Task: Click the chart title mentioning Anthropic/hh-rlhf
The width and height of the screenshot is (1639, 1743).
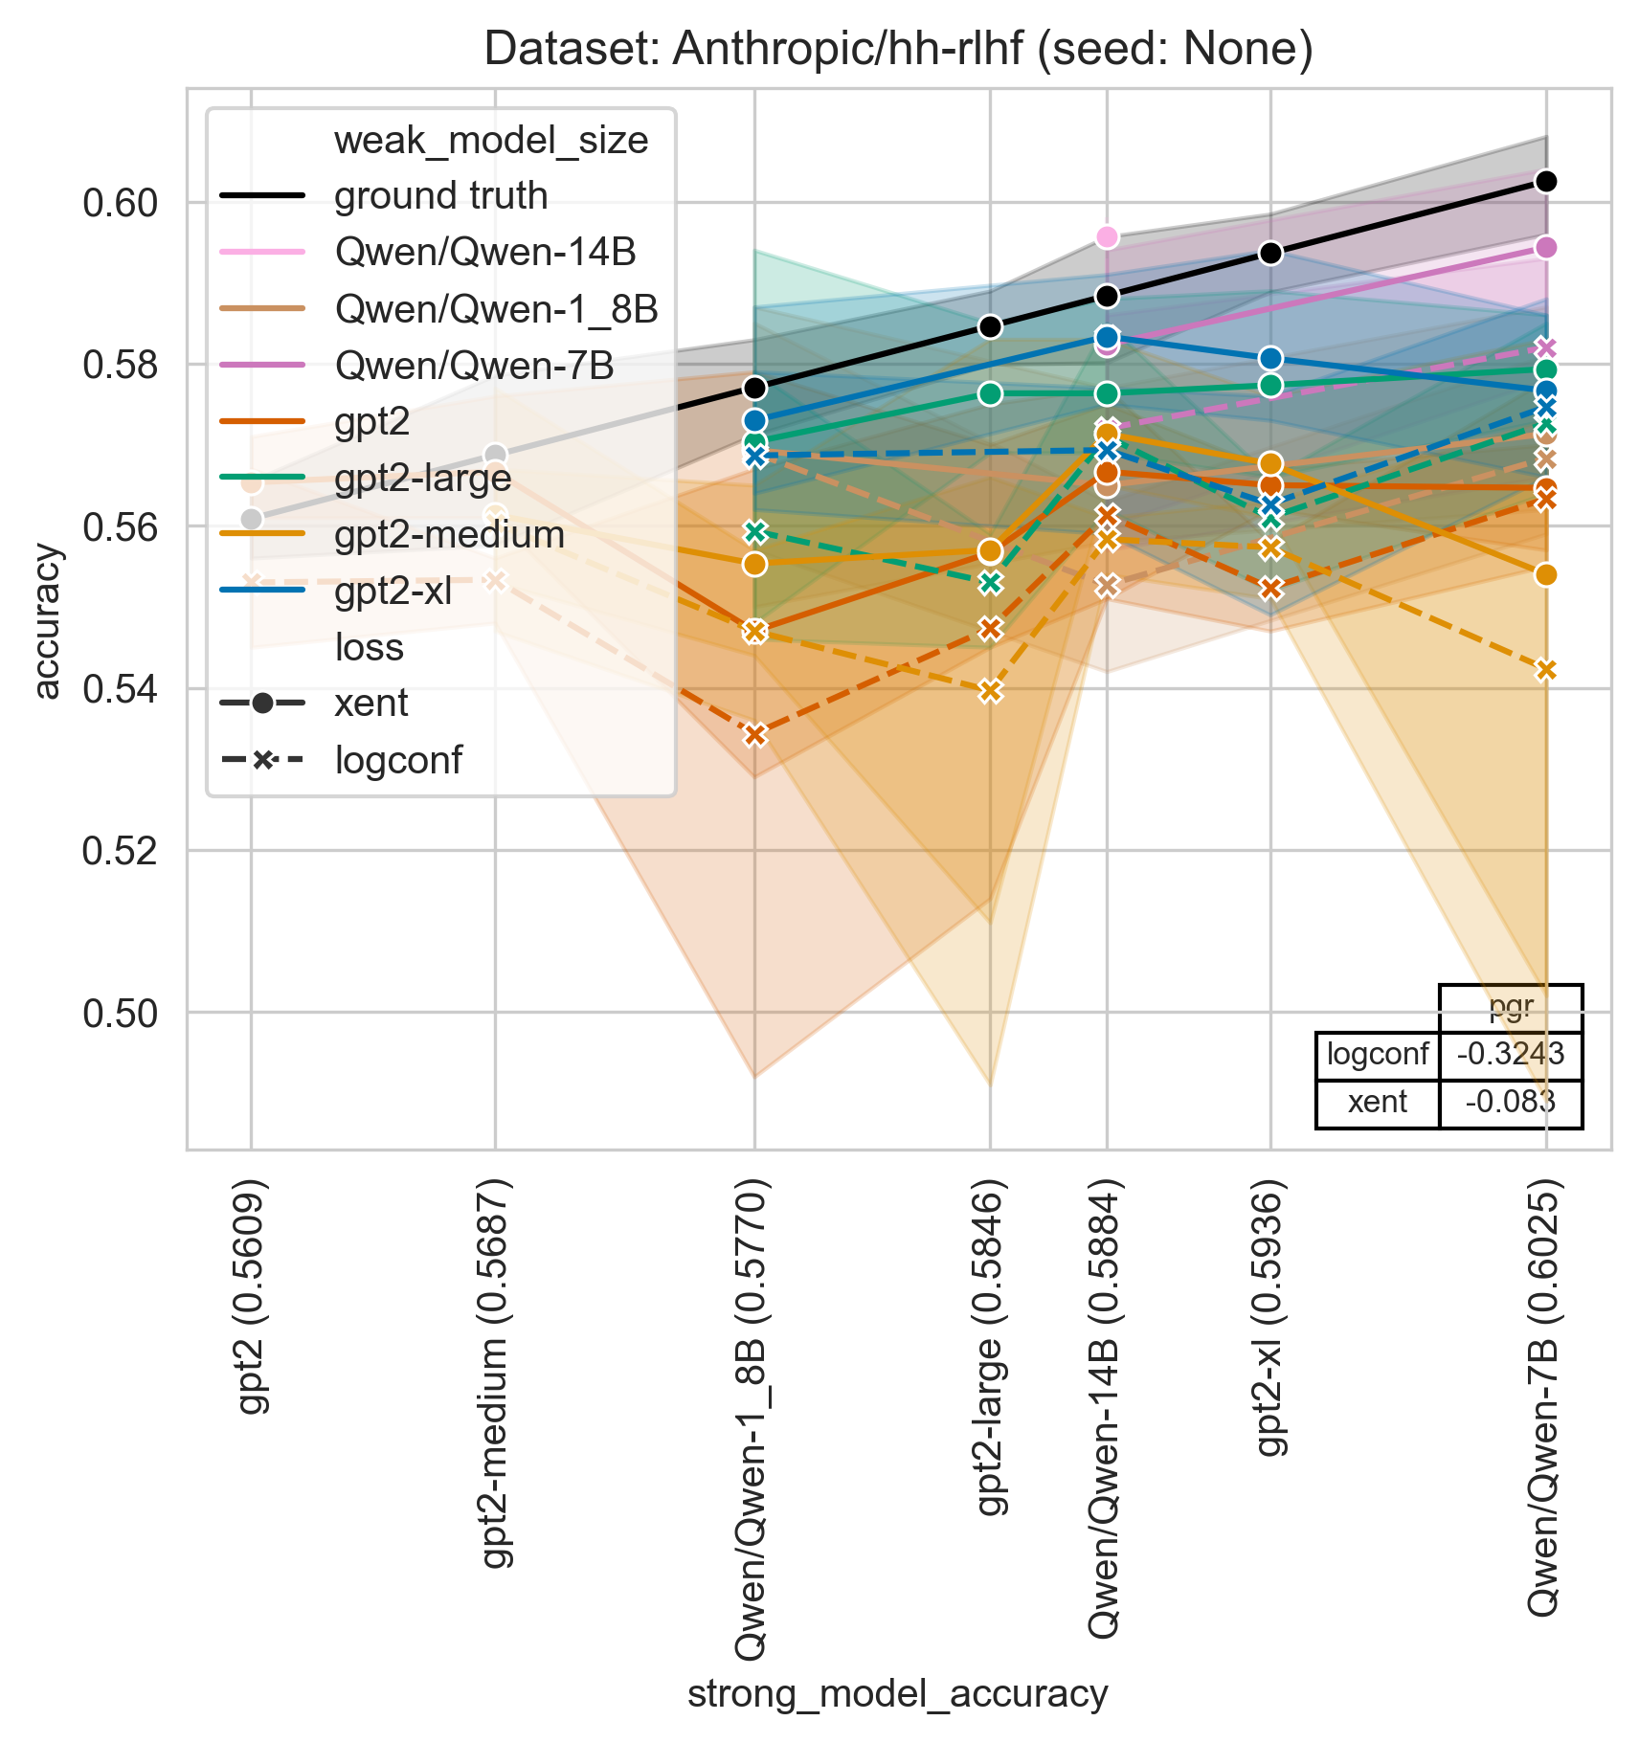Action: point(898,48)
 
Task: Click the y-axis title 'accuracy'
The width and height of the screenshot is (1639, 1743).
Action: point(47,621)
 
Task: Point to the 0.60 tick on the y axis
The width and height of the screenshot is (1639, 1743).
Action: point(121,204)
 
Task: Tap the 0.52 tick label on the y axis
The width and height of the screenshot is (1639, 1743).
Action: point(121,851)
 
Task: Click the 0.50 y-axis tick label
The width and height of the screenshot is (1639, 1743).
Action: point(121,1013)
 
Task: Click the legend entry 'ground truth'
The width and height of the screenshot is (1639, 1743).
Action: point(440,196)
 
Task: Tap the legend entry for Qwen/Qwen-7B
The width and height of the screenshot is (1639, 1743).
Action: point(474,366)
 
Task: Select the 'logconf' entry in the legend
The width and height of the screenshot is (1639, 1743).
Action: point(397,761)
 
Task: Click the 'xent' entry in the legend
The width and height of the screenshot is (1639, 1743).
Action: point(370,704)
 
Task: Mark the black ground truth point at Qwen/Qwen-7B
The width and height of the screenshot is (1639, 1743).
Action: point(1545,182)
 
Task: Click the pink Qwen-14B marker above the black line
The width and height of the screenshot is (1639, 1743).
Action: point(1107,236)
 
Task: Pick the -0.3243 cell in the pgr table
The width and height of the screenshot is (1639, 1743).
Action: point(1510,1055)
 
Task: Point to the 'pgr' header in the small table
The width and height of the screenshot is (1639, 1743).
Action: point(1510,1008)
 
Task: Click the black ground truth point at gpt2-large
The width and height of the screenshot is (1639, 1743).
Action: point(990,326)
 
